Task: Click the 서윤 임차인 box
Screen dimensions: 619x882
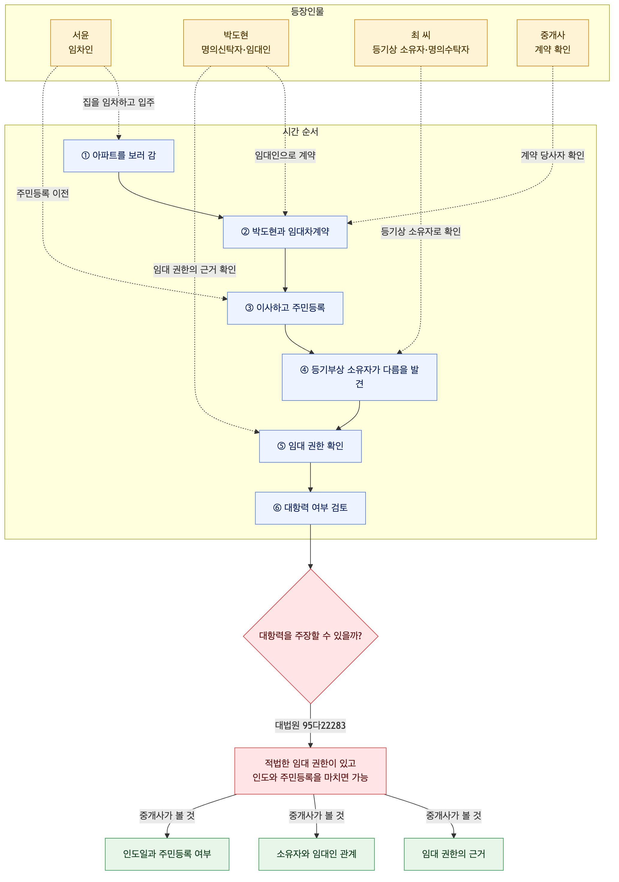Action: click(x=81, y=43)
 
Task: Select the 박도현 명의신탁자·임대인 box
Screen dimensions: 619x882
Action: click(x=236, y=43)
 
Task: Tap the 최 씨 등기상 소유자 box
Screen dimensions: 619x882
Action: click(x=421, y=43)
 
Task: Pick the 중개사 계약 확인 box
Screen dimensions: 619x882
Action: click(x=552, y=43)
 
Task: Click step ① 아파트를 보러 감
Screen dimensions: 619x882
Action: click(x=119, y=156)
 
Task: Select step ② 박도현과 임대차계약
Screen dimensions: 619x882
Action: click(x=285, y=232)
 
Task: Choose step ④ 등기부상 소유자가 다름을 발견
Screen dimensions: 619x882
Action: click(x=359, y=377)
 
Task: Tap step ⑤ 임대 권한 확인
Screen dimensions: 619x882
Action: click(x=310, y=446)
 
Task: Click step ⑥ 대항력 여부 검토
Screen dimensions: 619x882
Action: click(x=310, y=508)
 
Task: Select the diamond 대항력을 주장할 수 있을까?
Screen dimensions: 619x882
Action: click(x=310, y=636)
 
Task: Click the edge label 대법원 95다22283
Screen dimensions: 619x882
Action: click(x=310, y=725)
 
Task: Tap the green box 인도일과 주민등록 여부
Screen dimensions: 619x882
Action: click(x=167, y=854)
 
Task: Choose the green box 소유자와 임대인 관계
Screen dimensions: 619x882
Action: click(x=317, y=854)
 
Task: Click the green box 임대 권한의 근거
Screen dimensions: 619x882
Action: click(x=454, y=854)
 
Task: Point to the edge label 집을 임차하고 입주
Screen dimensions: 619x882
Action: click(x=119, y=103)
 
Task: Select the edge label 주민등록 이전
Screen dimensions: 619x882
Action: click(x=43, y=193)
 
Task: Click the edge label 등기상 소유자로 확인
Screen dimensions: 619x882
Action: click(x=421, y=232)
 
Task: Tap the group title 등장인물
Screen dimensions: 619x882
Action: click(x=307, y=11)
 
